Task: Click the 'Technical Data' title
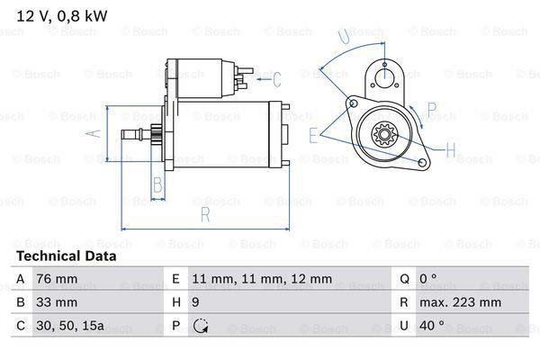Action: pyautogui.click(x=66, y=256)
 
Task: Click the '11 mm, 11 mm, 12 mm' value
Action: pyautogui.click(x=251, y=279)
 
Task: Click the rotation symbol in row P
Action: pyautogui.click(x=200, y=326)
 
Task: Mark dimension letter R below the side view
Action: pyautogui.click(x=204, y=214)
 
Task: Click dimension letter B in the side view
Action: pyautogui.click(x=157, y=186)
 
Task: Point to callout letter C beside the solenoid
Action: pyautogui.click(x=277, y=79)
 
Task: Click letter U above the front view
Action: pyautogui.click(x=344, y=36)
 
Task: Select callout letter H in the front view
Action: pyautogui.click(x=451, y=148)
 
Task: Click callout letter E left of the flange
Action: pyautogui.click(x=313, y=135)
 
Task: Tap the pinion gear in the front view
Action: pyautogui.click(x=386, y=137)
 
